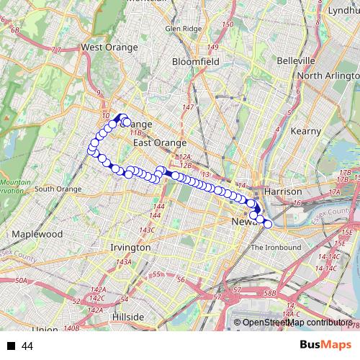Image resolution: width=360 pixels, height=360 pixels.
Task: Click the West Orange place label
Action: [x=109, y=48]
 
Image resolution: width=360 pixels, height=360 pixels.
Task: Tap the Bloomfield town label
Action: [x=195, y=62]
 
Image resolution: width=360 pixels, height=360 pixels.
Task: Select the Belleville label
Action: [x=296, y=60]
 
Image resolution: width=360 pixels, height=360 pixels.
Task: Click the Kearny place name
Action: [x=305, y=131]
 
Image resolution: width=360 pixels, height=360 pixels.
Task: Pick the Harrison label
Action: [x=282, y=192]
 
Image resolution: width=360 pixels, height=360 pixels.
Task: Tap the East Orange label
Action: [x=160, y=143]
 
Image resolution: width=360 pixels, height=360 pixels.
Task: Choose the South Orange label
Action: [x=58, y=189]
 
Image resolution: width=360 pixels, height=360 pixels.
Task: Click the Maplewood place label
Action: [x=38, y=235]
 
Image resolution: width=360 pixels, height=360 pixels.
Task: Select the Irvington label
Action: [x=130, y=247]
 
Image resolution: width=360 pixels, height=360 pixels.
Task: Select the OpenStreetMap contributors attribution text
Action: [x=296, y=323]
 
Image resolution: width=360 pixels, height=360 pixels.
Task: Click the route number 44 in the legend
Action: [x=27, y=346]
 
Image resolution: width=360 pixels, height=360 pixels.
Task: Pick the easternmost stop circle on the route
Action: [x=268, y=224]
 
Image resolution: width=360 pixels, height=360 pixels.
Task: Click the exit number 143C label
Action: [x=147, y=230]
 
